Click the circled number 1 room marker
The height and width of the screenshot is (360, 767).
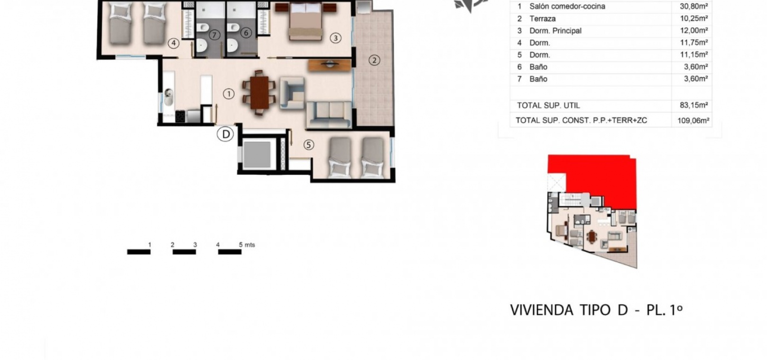tap(229, 93)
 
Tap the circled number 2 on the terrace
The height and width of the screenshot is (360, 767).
tap(374, 60)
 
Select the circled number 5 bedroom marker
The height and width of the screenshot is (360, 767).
tap(309, 145)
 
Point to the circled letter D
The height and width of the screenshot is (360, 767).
tap(226, 134)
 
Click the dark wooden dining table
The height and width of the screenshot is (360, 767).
tap(259, 92)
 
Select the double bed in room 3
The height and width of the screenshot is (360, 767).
tap(306, 21)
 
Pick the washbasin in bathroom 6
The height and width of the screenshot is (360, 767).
tap(232, 45)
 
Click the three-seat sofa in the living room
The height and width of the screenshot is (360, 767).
tap(329, 115)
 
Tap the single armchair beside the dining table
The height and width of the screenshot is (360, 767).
tap(292, 93)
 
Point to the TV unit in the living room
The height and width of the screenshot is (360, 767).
tap(330, 65)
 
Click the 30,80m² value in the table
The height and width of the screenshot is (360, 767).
tap(694, 6)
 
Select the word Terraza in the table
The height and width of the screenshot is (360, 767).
tap(543, 18)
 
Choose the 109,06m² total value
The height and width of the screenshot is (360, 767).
tap(694, 121)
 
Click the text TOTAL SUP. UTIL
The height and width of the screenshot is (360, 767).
tap(549, 106)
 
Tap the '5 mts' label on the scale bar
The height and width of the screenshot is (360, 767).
tap(247, 245)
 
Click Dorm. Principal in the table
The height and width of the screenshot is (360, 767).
tap(555, 31)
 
